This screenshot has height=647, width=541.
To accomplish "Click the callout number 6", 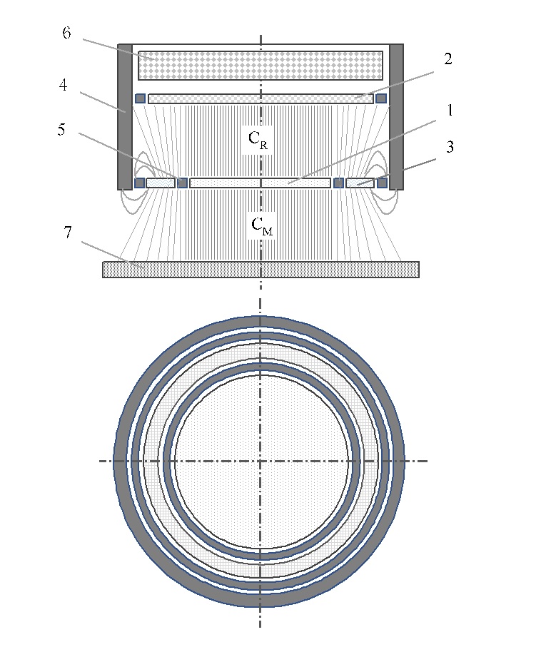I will pos(66,34).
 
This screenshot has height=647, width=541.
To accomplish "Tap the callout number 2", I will pos(447,59).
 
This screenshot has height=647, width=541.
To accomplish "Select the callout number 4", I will pos(64,85).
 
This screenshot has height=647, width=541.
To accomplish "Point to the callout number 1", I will pos(450,111).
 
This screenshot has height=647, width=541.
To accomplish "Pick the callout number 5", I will pos(64,131).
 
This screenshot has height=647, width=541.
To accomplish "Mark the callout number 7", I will pos(69,233).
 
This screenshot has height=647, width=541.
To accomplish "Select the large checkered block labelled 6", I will pos(261,65).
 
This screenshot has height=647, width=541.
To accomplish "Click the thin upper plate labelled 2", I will pos(261,98).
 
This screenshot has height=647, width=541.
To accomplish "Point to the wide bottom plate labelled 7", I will pos(261,269).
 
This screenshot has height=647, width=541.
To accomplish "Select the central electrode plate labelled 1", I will pos(261,183).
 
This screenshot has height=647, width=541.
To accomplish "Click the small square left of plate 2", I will pos(140,98).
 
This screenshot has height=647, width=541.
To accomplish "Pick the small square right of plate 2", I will pos(381,98).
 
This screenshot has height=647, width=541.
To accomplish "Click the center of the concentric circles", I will pos(261,461).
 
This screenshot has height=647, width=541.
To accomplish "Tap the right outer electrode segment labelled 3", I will pos(360,183).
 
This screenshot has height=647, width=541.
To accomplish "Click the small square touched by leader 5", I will pos(182,183).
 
